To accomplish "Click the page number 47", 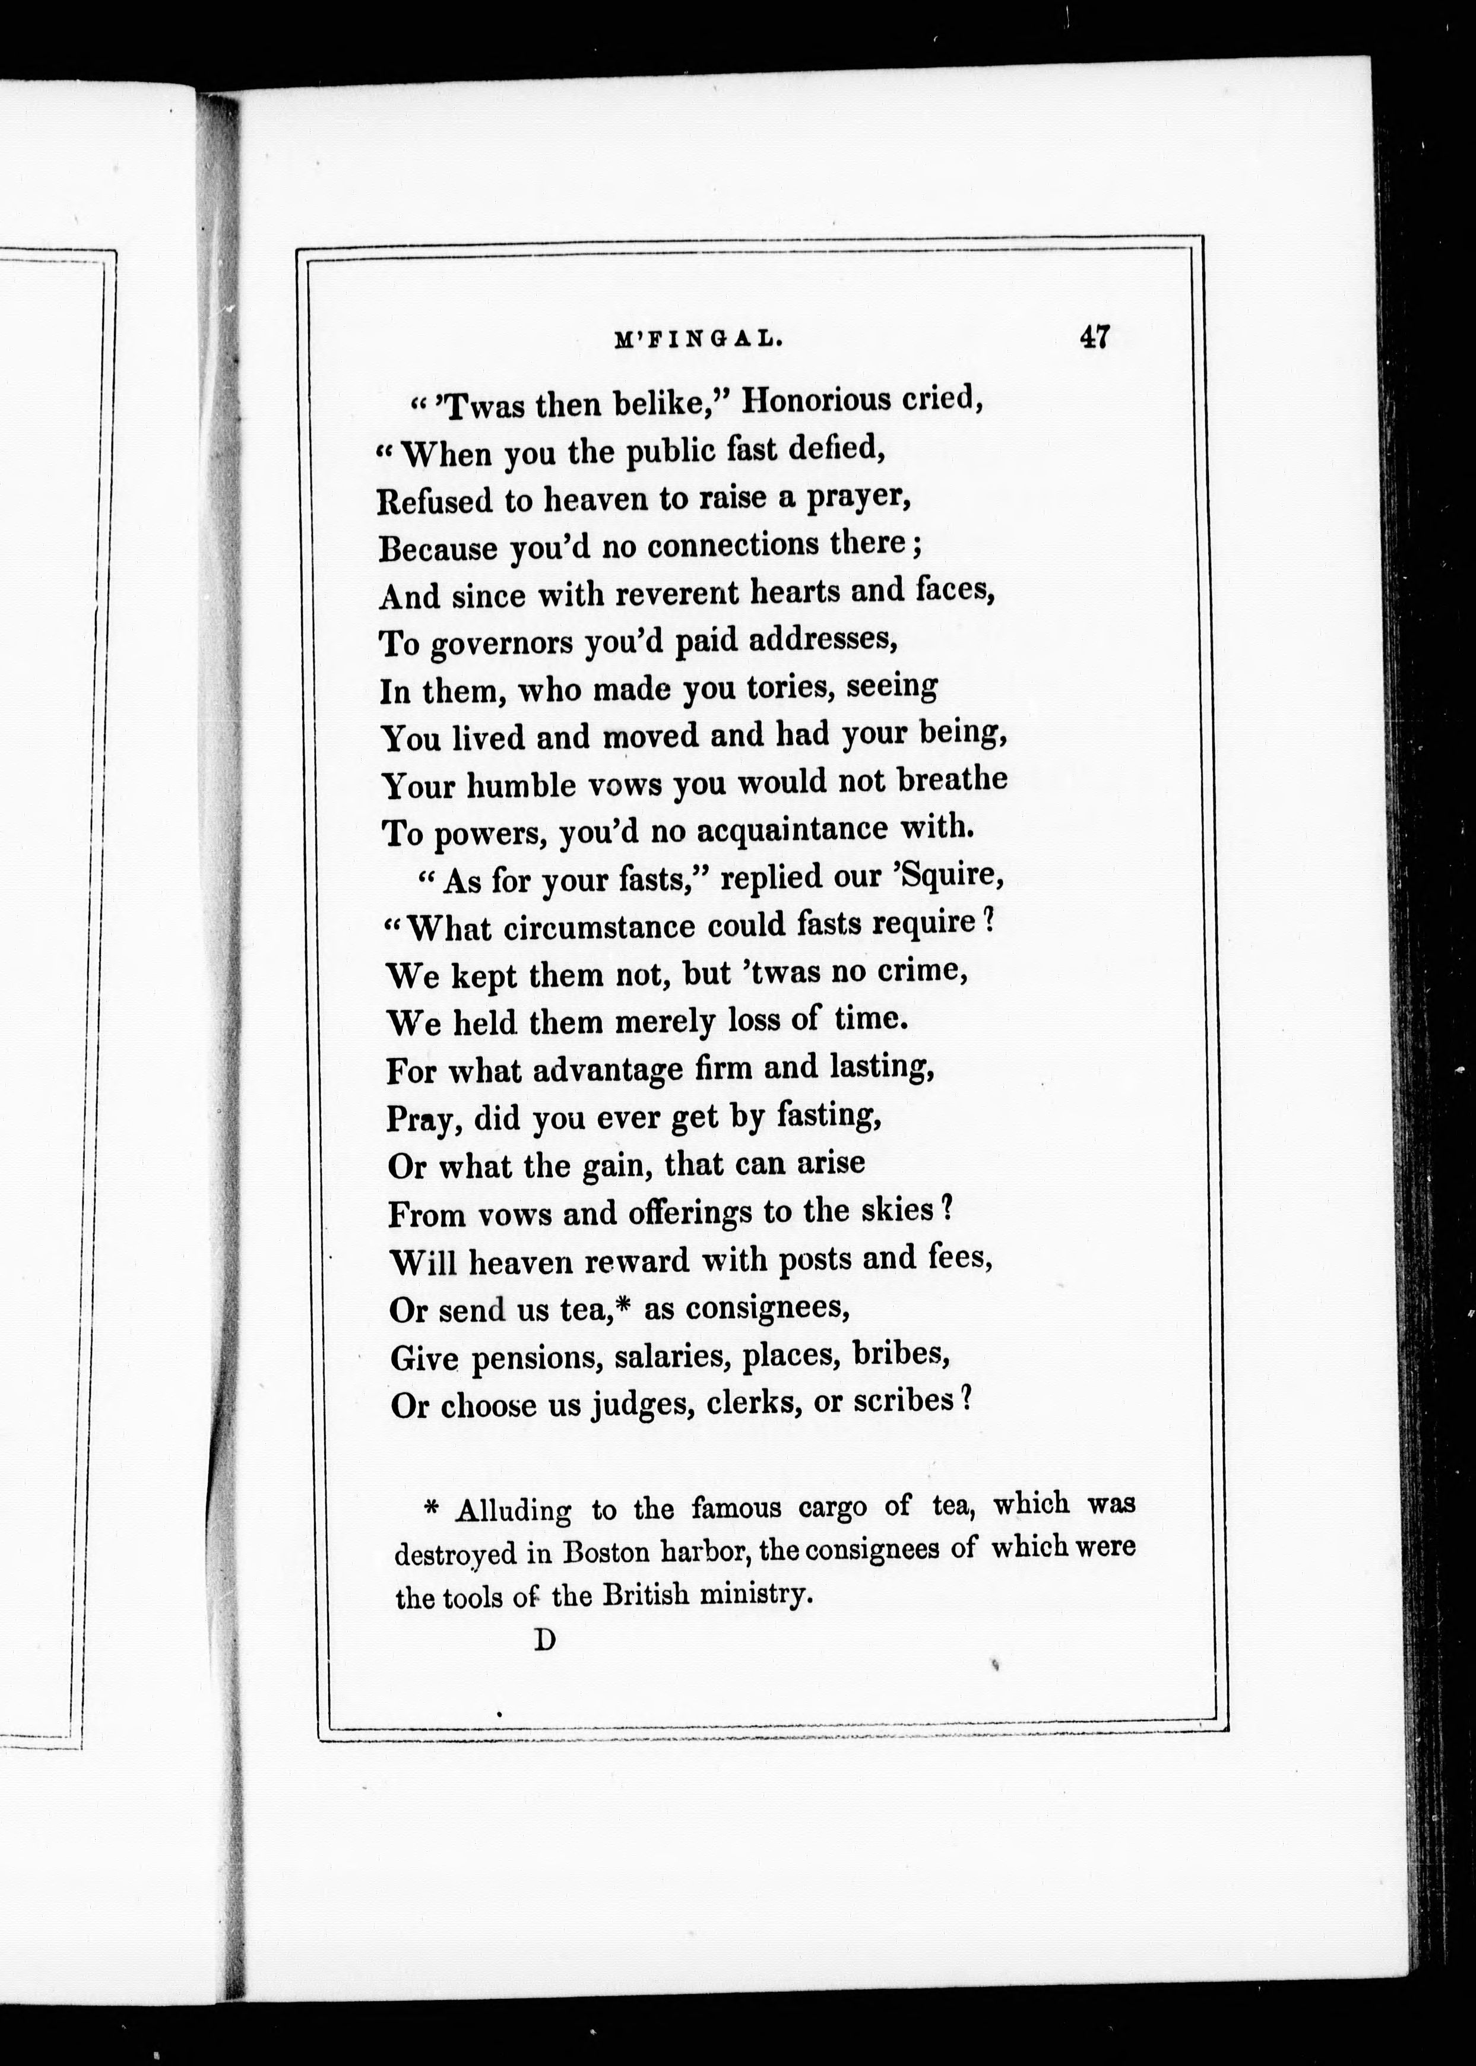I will [x=1094, y=337].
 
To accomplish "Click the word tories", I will [x=791, y=687].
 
